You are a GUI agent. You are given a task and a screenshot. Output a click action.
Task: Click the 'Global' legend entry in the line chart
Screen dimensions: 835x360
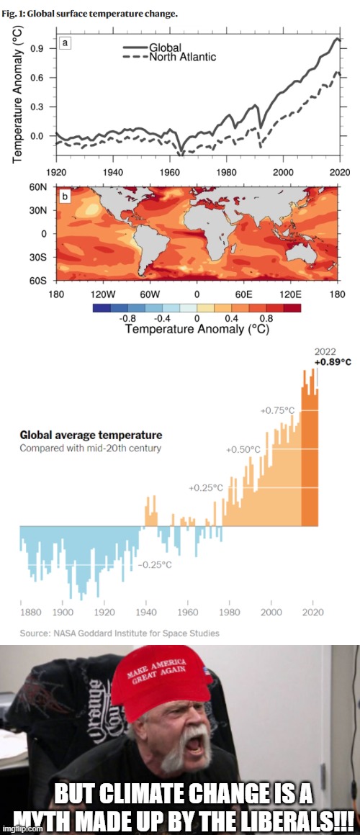coord(166,47)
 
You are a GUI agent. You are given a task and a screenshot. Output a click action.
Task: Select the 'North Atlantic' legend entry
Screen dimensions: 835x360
coord(181,56)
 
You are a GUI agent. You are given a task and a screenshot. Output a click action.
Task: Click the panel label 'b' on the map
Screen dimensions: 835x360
coord(66,196)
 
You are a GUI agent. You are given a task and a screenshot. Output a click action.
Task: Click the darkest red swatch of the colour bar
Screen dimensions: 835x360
coord(292,307)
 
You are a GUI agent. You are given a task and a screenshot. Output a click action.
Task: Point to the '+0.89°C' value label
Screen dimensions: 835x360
coord(333,362)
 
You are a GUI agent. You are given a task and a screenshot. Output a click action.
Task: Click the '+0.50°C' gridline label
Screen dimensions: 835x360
coord(243,450)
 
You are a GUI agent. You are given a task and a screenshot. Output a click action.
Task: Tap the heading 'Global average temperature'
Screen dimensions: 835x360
coord(91,435)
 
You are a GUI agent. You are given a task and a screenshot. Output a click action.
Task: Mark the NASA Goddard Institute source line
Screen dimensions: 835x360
coord(120,633)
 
